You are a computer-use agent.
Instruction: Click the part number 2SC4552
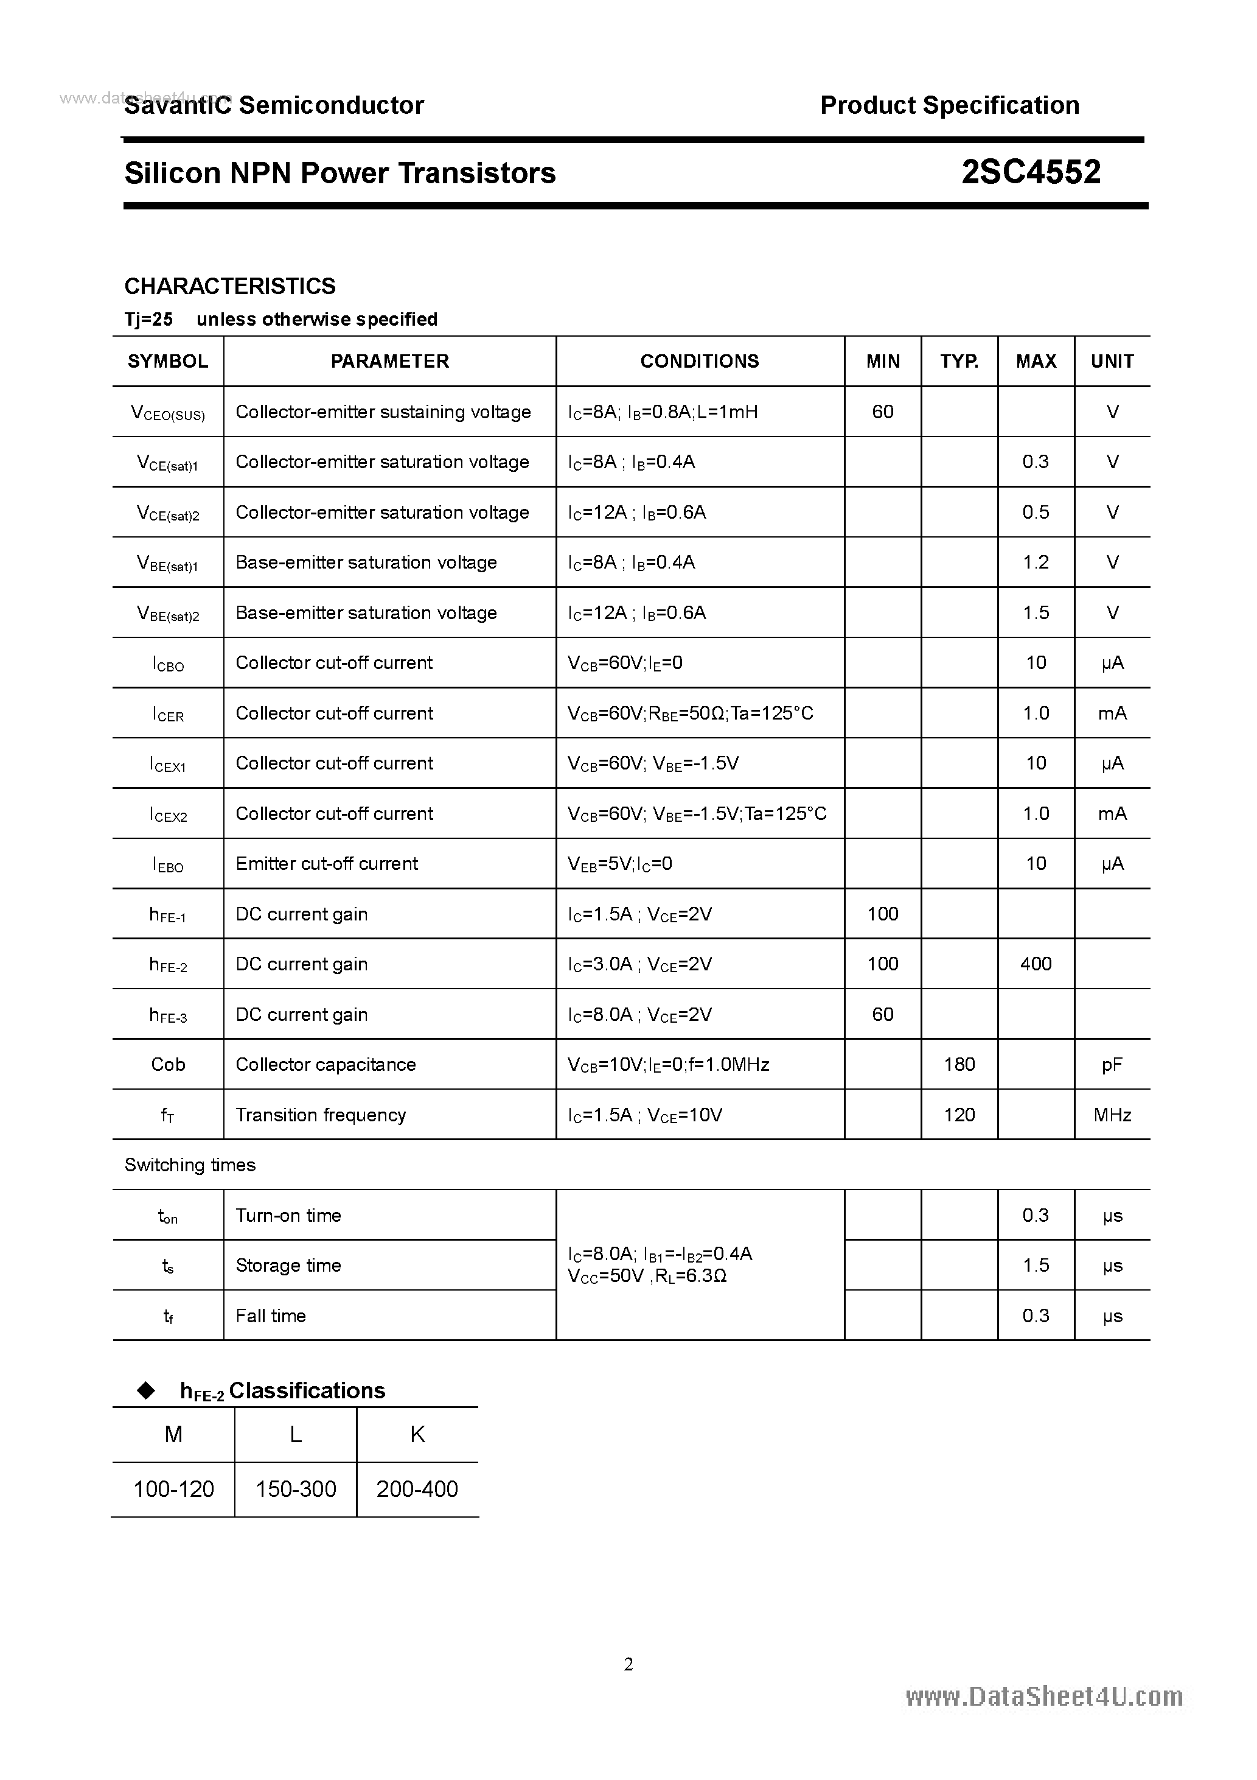tap(1030, 172)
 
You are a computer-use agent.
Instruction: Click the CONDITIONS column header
tap(699, 361)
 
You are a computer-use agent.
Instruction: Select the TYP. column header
tap(959, 361)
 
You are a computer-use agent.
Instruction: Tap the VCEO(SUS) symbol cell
tap(168, 413)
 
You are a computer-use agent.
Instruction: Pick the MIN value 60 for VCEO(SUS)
tap(883, 412)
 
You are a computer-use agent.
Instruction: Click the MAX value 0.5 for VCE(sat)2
tap(1036, 513)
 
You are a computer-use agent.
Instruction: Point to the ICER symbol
tap(168, 714)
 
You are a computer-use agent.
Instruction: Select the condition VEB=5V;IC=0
tap(620, 864)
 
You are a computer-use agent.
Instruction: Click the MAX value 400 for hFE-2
tap(1036, 964)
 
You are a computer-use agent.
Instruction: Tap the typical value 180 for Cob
tap(959, 1065)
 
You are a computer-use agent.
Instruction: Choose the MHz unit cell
tap(1112, 1115)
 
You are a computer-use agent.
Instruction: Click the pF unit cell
tap(1112, 1065)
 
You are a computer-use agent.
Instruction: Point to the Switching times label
tap(190, 1165)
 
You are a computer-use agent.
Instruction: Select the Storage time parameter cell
tap(288, 1265)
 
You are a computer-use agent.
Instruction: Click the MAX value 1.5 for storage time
tap(1036, 1265)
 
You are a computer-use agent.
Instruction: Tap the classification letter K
tap(417, 1435)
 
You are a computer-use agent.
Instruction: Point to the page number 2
tap(628, 1664)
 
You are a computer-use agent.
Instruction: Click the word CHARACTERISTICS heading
tap(230, 286)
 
